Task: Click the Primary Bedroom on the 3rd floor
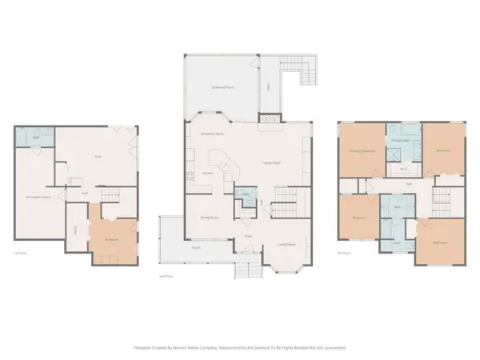click(x=362, y=150)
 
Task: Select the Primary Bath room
click(x=399, y=140)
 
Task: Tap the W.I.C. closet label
click(x=403, y=169)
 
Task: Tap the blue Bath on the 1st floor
click(x=37, y=138)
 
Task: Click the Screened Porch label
click(x=222, y=86)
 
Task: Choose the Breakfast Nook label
click(x=211, y=134)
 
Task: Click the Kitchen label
click(x=206, y=173)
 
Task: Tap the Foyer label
click(x=249, y=236)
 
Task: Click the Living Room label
click(x=286, y=244)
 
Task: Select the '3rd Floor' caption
click(x=345, y=253)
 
